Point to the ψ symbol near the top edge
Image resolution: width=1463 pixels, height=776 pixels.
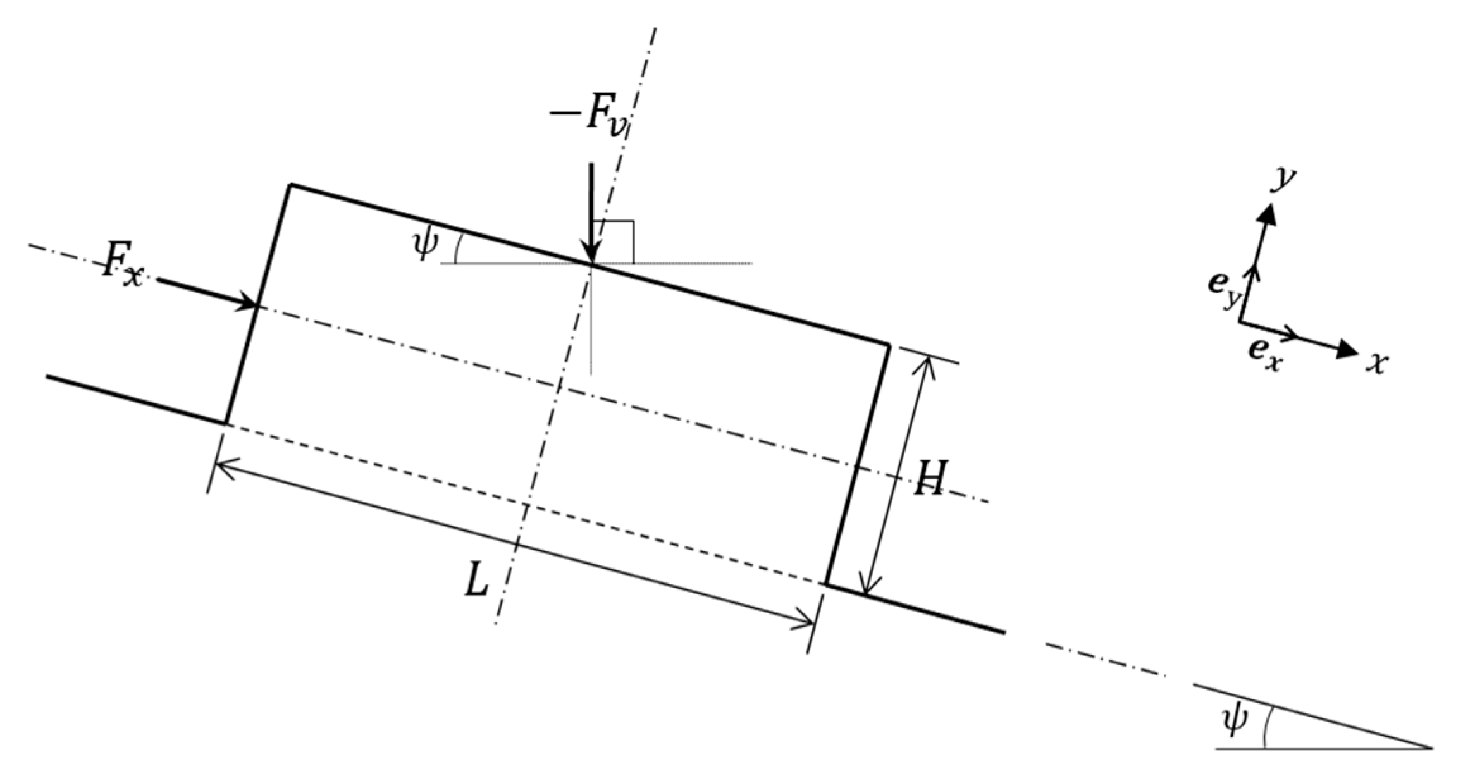423,247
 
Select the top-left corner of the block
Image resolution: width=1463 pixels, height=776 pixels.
290,185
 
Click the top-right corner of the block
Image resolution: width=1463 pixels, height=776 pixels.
888,345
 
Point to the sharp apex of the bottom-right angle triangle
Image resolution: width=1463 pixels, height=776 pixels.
1431,749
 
